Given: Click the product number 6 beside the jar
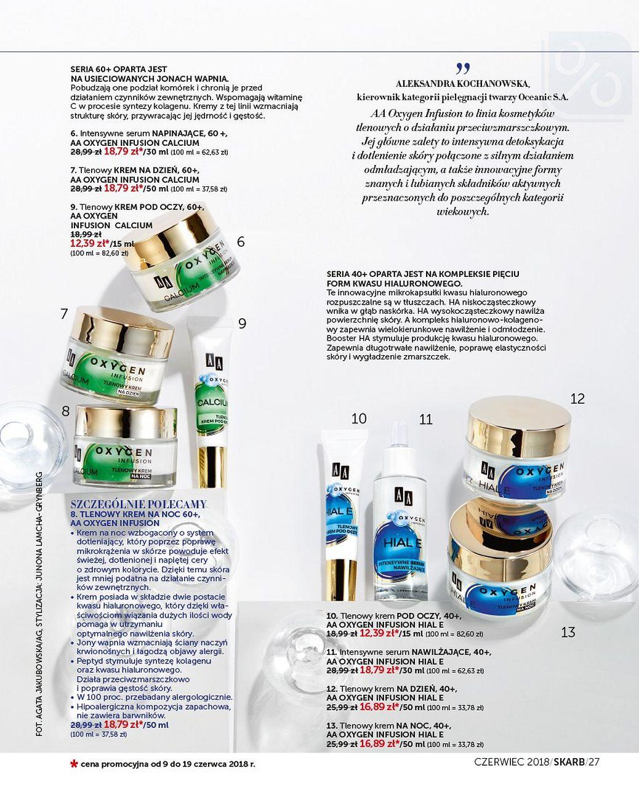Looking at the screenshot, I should [241, 242].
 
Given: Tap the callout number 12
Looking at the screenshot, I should [577, 399].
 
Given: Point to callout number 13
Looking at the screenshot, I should [568, 632].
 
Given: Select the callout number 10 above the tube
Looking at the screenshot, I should [359, 418].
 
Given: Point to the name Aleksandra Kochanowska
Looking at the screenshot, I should [462, 83].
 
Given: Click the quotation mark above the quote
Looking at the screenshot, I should [463, 67].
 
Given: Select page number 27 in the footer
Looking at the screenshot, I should [593, 762].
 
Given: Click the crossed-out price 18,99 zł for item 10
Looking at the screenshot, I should [342, 633].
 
